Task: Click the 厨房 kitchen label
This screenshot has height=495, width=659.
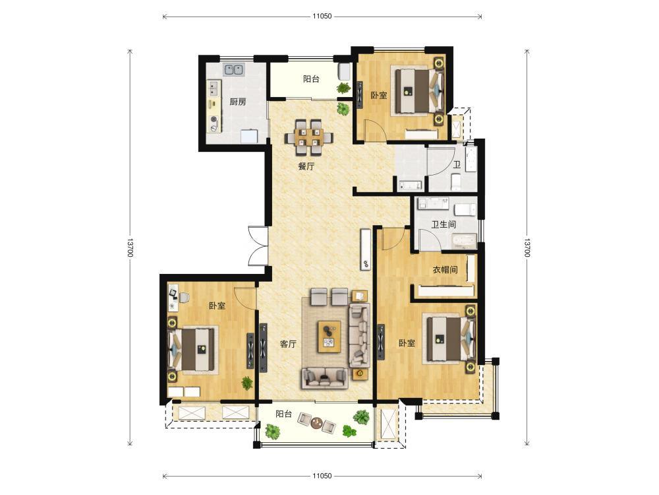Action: pos(237,102)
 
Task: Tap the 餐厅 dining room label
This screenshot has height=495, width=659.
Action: pos(306,166)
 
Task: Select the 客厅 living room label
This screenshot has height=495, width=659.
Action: pos(289,344)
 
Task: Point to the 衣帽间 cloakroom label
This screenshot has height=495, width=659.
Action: pos(445,269)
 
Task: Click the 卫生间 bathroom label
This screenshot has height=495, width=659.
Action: pos(444,224)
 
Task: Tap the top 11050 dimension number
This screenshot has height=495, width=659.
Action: pos(322,16)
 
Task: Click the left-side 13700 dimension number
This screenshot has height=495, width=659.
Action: pos(130,248)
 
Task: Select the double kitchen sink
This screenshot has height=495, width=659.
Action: pos(234,69)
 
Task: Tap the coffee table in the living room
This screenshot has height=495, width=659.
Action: pos(329,336)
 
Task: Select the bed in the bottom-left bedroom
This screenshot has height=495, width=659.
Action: pos(193,349)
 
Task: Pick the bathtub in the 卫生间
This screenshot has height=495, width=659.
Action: pos(464,242)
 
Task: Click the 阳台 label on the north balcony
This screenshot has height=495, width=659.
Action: pos(311,79)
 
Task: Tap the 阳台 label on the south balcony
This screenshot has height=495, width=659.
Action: pos(283,414)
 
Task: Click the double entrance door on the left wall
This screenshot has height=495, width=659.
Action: pos(258,246)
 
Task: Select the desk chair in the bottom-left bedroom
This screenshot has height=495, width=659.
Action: pos(184,297)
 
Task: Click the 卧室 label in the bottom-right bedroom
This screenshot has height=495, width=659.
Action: pos(407,343)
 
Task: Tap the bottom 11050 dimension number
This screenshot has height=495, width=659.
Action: pos(322,476)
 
